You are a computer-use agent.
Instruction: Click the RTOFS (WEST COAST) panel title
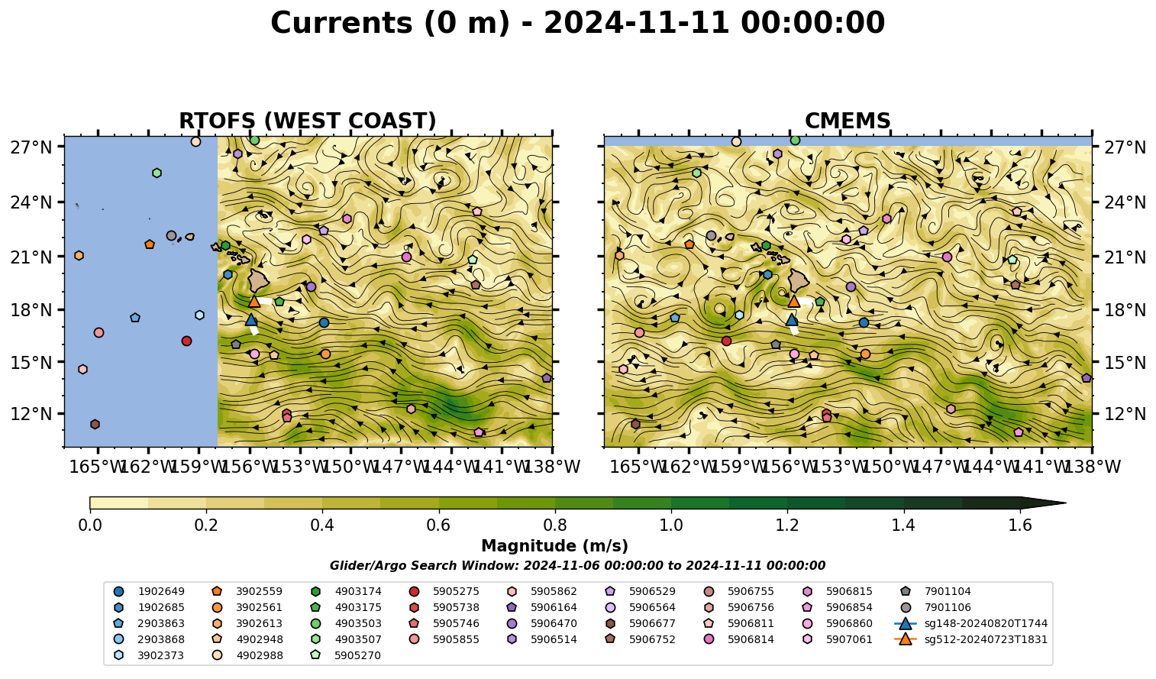308,121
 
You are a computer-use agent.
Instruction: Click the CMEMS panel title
848,121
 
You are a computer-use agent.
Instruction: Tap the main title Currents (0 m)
390,23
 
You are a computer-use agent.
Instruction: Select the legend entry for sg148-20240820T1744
970,623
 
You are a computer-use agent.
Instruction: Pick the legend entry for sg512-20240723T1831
970,639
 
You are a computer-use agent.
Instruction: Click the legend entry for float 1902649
149,591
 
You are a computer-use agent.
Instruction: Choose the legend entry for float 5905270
345,655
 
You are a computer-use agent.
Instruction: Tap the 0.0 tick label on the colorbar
90,525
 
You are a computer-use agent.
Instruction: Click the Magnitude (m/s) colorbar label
555,546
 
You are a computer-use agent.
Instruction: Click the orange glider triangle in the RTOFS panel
254,302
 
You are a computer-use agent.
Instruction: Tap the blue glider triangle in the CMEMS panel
792,320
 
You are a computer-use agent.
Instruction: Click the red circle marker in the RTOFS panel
187,341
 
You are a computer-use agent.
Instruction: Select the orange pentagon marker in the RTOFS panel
150,244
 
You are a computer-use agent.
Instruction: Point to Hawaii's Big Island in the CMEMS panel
799,280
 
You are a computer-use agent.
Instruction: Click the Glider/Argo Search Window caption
577,565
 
